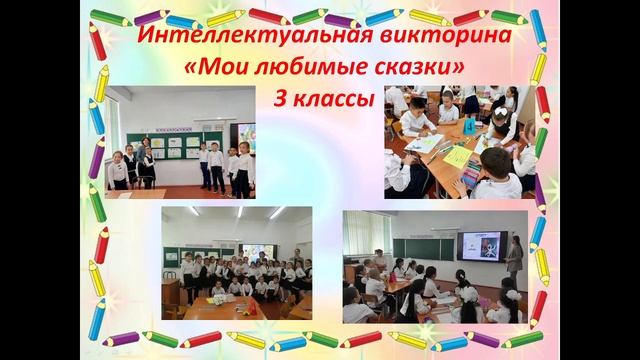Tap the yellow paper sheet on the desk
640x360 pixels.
click(x=457, y=157)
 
